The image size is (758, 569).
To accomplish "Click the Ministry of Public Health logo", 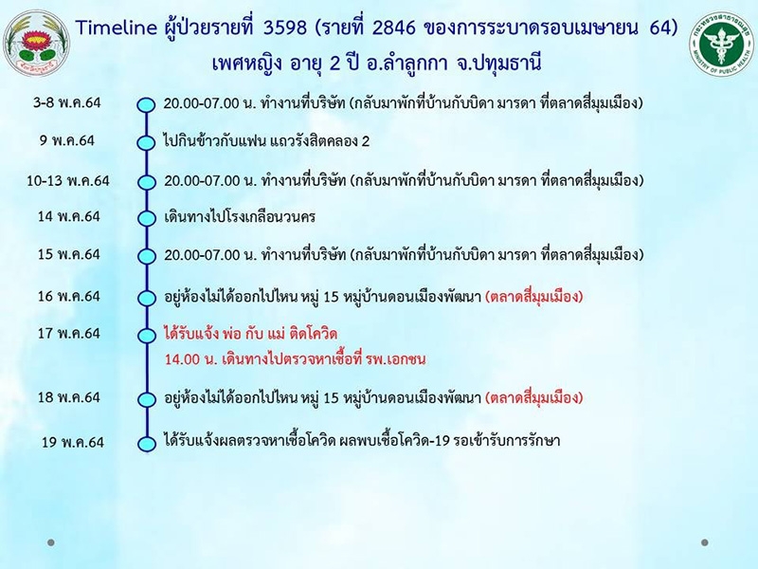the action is coord(721,46).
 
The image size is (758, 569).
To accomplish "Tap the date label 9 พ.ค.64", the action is coord(67,140).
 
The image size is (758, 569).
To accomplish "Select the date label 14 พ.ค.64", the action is coord(69,216).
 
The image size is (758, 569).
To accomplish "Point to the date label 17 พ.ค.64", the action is coord(69,334).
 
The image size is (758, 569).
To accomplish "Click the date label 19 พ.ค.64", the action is coord(73,442).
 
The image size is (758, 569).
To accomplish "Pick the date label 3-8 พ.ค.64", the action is coord(66,102).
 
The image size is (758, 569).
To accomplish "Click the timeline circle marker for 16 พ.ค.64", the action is coord(146,298).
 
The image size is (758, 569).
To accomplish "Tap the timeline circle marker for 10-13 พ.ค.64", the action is coord(146,182).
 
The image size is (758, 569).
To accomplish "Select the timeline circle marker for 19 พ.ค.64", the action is coord(146,444).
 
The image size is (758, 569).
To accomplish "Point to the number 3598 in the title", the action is coord(285,28).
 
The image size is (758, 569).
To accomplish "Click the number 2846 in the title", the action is coord(394,28).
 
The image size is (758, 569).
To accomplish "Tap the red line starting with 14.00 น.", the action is coord(295,359).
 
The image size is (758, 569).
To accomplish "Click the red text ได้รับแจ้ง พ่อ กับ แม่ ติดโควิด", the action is coord(250,334).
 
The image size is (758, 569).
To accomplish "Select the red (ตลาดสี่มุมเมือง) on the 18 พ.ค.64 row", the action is coord(534,397).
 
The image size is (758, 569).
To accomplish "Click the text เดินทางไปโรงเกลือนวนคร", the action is coord(240,216).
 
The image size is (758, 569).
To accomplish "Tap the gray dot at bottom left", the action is coord(51,542).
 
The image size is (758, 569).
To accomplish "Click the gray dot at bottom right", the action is coord(705,542).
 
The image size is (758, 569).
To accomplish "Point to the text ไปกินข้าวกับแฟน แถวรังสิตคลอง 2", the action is coord(266,141).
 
